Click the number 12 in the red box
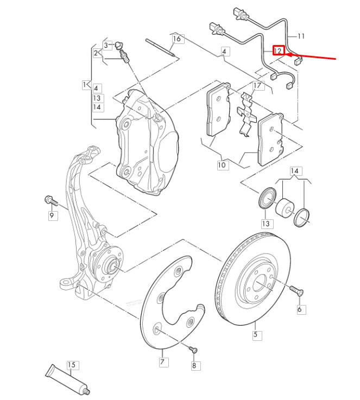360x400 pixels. [x=278, y=50]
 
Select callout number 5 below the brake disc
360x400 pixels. [x=255, y=334]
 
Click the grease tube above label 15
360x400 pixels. [x=67, y=379]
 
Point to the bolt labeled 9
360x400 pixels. [x=51, y=201]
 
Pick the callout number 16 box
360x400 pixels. [x=176, y=39]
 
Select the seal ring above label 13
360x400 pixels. [x=266, y=198]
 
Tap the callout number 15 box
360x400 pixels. [x=73, y=365]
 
